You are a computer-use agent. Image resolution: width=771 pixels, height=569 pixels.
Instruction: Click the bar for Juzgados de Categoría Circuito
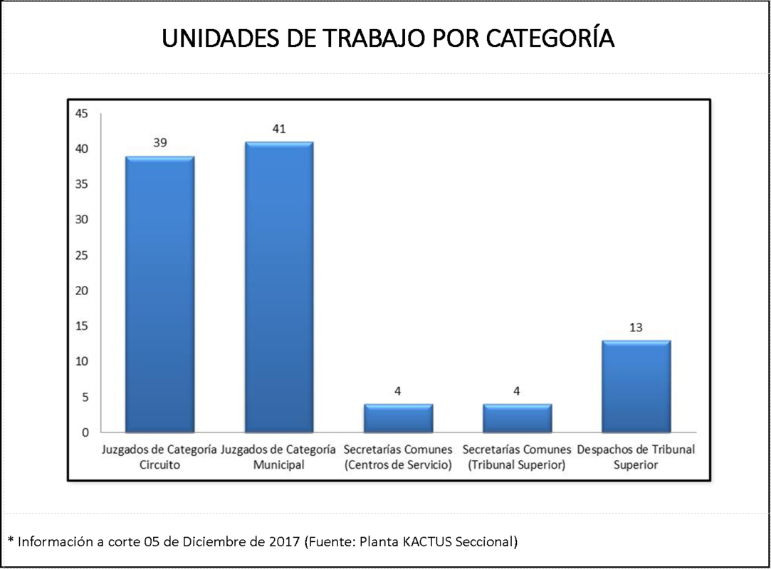(160, 294)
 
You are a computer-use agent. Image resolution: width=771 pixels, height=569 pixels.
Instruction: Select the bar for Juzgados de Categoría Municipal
(278, 287)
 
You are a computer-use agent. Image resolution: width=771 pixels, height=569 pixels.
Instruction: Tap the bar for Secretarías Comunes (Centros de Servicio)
(398, 418)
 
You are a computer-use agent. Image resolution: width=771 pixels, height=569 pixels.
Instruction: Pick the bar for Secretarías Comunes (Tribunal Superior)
(517, 418)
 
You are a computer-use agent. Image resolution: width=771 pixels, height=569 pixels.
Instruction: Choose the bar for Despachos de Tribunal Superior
(636, 386)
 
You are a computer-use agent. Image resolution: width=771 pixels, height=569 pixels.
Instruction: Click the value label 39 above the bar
(160, 143)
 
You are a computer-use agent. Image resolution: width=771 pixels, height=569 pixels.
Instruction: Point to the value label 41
(278, 129)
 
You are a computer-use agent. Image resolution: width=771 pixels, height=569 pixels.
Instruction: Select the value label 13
(636, 327)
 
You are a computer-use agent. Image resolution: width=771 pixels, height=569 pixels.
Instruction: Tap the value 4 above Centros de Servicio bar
(398, 390)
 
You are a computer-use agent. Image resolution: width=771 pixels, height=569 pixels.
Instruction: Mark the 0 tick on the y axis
(85, 432)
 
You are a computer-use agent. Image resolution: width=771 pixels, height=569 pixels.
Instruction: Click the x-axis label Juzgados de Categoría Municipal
(278, 457)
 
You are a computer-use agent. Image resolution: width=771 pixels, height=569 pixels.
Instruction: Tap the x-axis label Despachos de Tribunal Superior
(636, 457)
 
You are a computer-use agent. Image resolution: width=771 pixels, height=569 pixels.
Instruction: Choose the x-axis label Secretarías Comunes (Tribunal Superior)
(517, 457)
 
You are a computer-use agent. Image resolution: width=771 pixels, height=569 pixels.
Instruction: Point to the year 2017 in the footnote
(284, 541)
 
